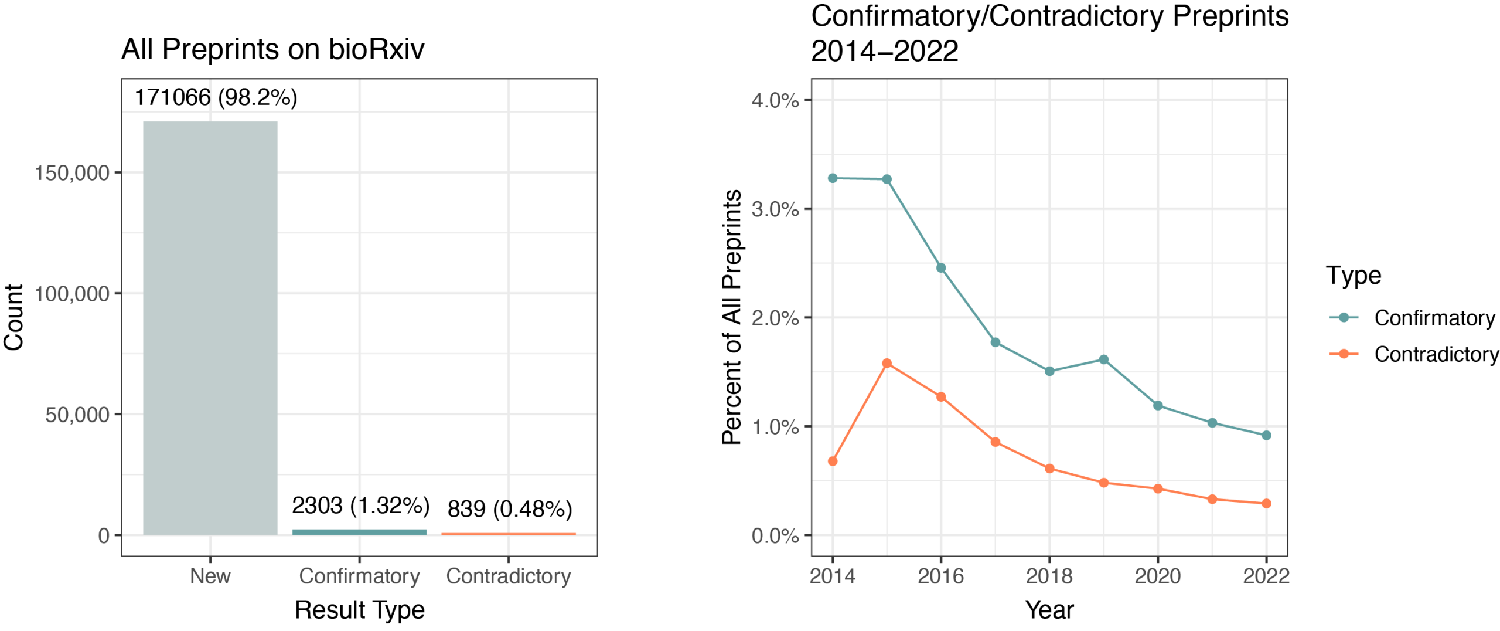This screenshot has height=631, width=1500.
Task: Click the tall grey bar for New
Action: (210, 328)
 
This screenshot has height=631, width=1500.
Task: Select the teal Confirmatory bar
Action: (359, 532)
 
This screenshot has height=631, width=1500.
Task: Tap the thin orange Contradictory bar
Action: (509, 534)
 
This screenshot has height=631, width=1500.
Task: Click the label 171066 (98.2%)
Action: (216, 97)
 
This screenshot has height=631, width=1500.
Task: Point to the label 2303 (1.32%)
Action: (361, 506)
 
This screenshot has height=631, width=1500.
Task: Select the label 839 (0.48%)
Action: (510, 509)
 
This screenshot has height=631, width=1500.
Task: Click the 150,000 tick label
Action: (72, 173)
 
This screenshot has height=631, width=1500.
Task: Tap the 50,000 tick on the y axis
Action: (77, 415)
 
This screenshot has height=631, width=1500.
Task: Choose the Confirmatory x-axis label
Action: (359, 576)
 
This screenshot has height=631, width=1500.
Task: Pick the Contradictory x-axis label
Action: (509, 576)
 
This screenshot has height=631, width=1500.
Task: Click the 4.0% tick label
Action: (775, 100)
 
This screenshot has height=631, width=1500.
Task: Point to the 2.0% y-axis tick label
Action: (775, 318)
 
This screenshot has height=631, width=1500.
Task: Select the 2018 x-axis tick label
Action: (1049, 576)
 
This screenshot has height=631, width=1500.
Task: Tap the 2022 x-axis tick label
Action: (1266, 576)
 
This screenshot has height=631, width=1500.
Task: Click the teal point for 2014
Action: (833, 178)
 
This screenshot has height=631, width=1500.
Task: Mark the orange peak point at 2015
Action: (887, 364)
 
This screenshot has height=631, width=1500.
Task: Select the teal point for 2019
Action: (1104, 359)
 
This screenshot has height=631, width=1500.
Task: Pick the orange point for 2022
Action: (1266, 503)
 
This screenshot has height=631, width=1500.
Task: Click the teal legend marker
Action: (1344, 317)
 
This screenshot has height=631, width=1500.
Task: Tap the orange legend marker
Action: (1344, 354)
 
